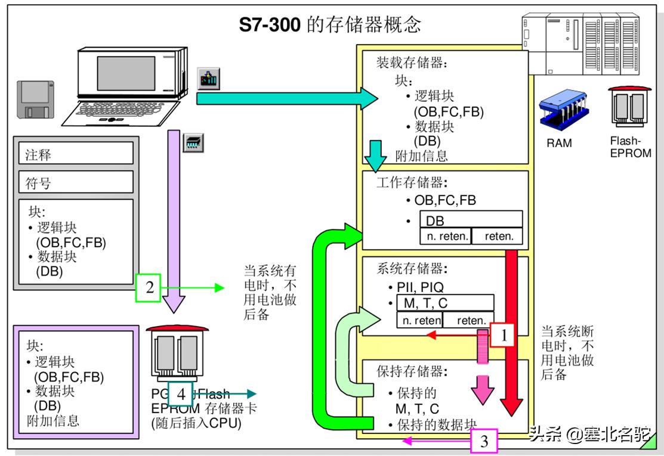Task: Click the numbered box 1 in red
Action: pyautogui.click(x=502, y=335)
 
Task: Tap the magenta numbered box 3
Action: pyautogui.click(x=484, y=441)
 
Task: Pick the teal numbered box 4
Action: pyautogui.click(x=180, y=393)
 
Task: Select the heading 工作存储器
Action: pyautogui.click(x=412, y=182)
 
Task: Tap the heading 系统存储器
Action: pyautogui.click(x=412, y=268)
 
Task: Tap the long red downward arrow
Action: pyautogui.click(x=511, y=334)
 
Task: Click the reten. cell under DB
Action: pyautogui.click(x=498, y=236)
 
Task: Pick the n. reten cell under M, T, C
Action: pyautogui.click(x=421, y=320)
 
